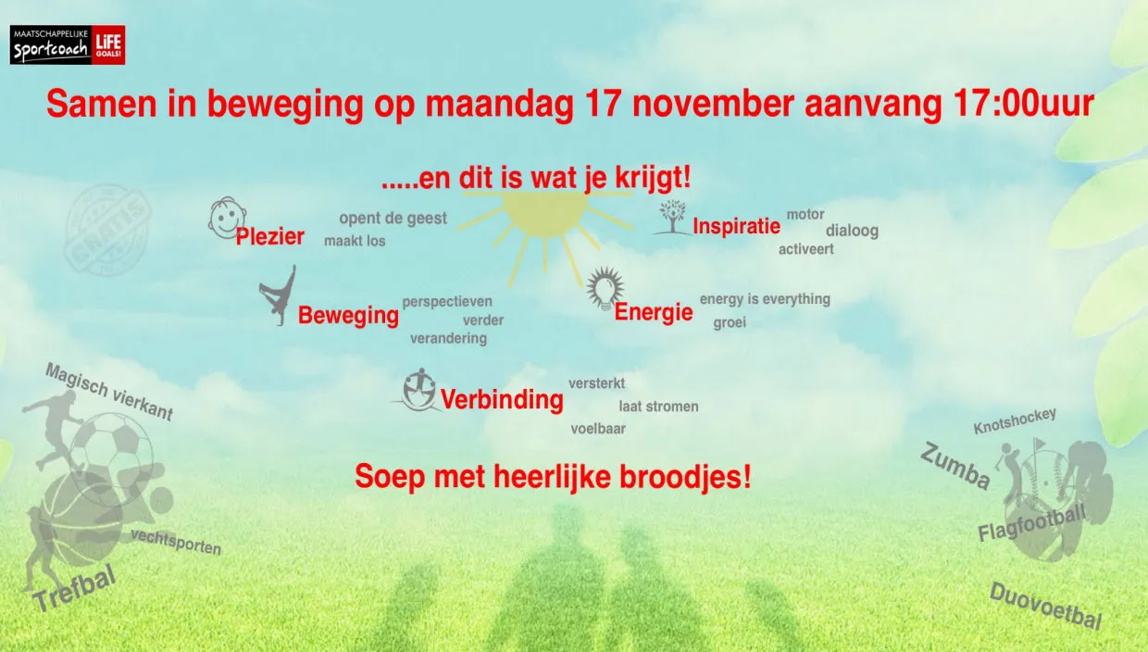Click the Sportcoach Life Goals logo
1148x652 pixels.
click(68, 44)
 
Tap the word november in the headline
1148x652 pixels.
click(699, 104)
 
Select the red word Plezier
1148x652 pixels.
click(269, 237)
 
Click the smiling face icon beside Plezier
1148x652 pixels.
click(225, 217)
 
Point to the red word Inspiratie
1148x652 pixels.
click(736, 226)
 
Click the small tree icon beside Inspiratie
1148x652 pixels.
click(671, 217)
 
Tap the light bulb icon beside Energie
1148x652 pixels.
click(605, 287)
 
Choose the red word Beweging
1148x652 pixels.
click(348, 316)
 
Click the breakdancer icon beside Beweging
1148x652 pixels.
click(278, 295)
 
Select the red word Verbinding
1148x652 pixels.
click(502, 400)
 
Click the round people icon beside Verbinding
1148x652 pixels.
click(419, 389)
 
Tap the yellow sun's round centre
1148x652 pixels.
click(544, 211)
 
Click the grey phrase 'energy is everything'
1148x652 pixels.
click(765, 299)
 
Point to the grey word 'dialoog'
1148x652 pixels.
click(852, 231)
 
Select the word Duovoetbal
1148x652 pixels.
click(1045, 606)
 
